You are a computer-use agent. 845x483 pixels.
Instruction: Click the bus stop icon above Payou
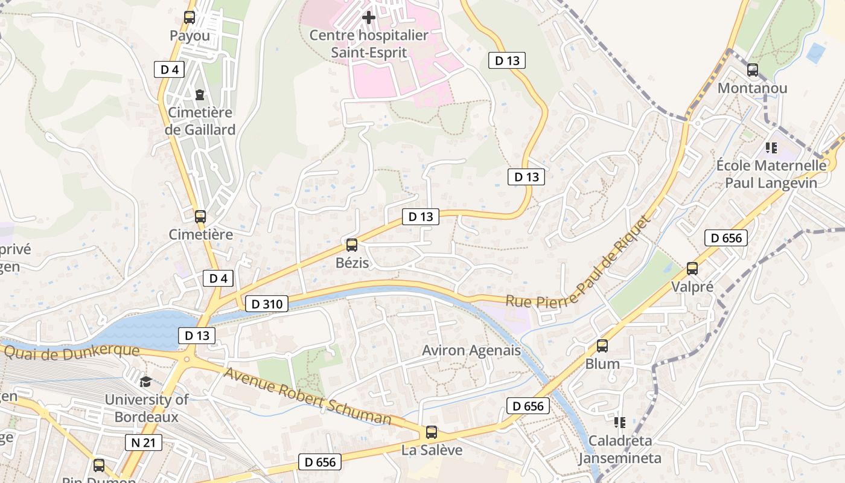pyautogui.click(x=190, y=18)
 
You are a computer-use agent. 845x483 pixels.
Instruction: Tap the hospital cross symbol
pyautogui.click(x=368, y=18)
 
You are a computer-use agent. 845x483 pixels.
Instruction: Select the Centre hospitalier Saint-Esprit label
pyautogui.click(x=369, y=44)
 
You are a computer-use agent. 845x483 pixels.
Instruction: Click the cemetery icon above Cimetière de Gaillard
pyautogui.click(x=200, y=94)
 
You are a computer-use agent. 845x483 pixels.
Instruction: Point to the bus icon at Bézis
pyautogui.click(x=352, y=245)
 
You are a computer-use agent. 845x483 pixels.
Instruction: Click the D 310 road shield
pyautogui.click(x=266, y=304)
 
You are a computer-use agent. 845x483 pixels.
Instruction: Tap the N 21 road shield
pyautogui.click(x=143, y=443)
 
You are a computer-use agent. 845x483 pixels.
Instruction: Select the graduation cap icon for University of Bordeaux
pyautogui.click(x=145, y=382)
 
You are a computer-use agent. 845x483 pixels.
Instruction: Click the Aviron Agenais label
pyautogui.click(x=471, y=351)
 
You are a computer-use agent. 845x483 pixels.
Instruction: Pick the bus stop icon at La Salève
pyautogui.click(x=432, y=432)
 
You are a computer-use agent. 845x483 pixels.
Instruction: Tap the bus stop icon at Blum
pyautogui.click(x=602, y=346)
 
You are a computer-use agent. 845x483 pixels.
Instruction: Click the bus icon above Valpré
pyautogui.click(x=692, y=269)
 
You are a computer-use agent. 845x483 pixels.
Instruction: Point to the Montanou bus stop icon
pyautogui.click(x=752, y=70)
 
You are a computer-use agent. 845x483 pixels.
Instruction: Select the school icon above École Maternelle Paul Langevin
pyautogui.click(x=771, y=147)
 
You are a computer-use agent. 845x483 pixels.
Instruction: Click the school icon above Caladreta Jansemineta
pyautogui.click(x=619, y=422)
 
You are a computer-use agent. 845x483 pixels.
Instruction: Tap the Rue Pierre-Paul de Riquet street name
pyautogui.click(x=579, y=266)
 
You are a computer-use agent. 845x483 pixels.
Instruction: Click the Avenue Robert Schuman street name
pyautogui.click(x=308, y=396)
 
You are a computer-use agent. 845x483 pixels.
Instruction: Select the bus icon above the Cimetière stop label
pyautogui.click(x=200, y=216)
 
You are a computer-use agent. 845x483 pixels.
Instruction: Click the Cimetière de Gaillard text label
pyautogui.click(x=201, y=121)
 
